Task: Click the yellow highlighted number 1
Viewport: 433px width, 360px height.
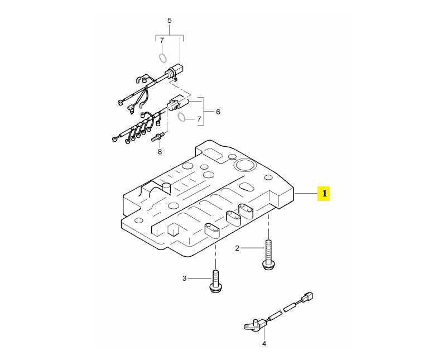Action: pyautogui.click(x=324, y=194)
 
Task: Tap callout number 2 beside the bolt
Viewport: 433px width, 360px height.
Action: pyautogui.click(x=237, y=248)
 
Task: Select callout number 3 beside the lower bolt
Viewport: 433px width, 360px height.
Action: pyautogui.click(x=185, y=278)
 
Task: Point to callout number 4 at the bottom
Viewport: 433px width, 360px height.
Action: pyautogui.click(x=264, y=344)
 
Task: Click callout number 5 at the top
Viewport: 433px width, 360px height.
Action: pyautogui.click(x=170, y=20)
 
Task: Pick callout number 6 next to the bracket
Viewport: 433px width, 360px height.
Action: pyautogui.click(x=218, y=112)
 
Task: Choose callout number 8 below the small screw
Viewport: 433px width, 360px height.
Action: pyautogui.click(x=160, y=152)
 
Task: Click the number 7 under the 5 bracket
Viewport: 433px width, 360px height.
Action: pyautogui.click(x=162, y=41)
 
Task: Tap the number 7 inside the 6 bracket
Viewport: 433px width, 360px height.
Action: pyautogui.click(x=199, y=119)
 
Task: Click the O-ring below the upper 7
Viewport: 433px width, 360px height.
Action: pyautogui.click(x=162, y=58)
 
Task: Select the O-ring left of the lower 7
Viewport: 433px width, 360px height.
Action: pyautogui.click(x=181, y=117)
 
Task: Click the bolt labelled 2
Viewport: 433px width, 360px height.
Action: pyautogui.click(x=268, y=255)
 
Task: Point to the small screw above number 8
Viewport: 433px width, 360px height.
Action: pyautogui.click(x=158, y=137)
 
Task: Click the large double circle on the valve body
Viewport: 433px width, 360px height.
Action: pyautogui.click(x=243, y=166)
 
